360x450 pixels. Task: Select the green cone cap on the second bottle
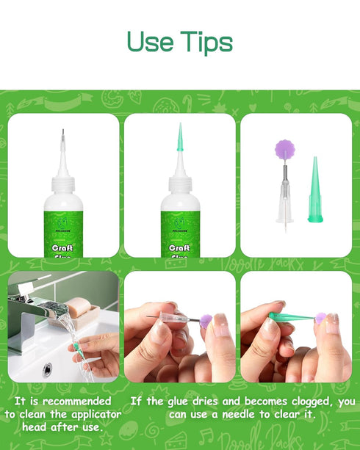179,139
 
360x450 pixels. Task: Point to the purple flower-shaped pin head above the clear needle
284,150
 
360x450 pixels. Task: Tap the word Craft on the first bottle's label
62,248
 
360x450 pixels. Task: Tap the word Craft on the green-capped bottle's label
179,248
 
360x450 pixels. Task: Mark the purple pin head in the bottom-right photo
321,318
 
